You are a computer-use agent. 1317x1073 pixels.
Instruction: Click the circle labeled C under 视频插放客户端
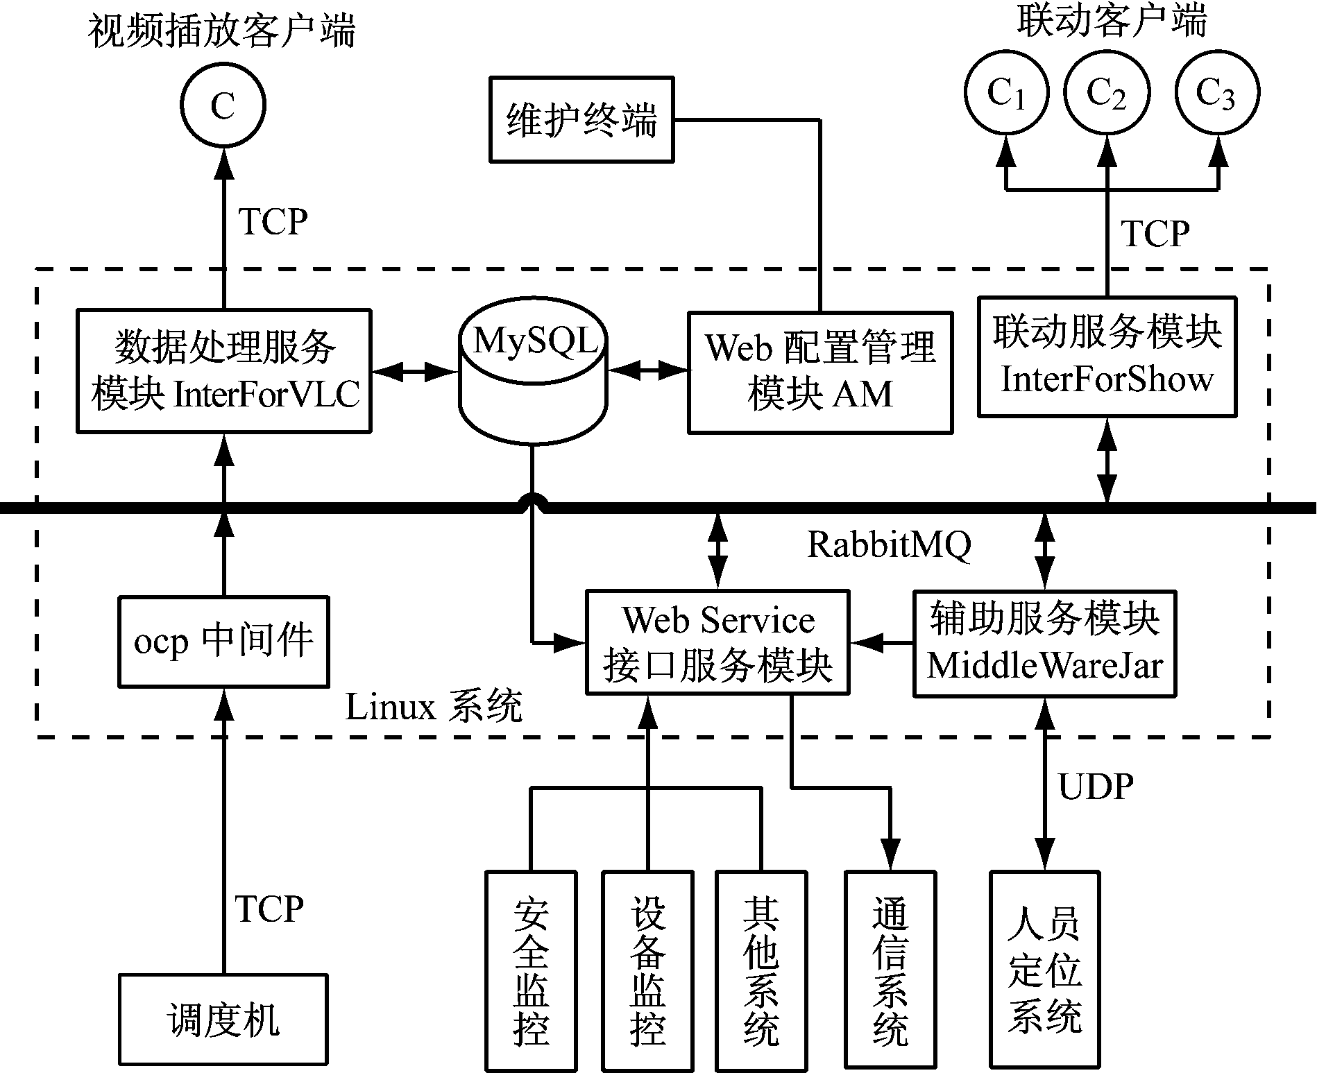coord(223,105)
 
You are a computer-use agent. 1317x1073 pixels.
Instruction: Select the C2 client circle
coord(1107,92)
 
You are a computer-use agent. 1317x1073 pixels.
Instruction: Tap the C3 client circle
coord(1217,92)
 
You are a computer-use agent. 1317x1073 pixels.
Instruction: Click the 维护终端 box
coord(581,120)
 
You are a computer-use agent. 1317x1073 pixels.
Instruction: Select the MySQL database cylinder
coord(533,371)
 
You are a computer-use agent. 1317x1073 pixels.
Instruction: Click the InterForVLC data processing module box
coord(223,371)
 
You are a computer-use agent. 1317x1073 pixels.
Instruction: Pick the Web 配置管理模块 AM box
coord(820,372)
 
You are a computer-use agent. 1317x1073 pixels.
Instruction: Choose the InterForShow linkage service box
coord(1107,357)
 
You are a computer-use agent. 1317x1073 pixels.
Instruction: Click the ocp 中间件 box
coord(223,642)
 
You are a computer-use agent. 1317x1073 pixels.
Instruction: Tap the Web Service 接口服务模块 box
coord(717,642)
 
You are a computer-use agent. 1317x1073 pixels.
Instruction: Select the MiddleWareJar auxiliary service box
coord(1044,643)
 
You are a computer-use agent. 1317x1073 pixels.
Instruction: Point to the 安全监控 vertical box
coord(532,970)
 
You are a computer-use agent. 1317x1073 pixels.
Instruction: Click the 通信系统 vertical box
coord(890,970)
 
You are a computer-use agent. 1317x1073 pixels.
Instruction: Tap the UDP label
coord(1096,787)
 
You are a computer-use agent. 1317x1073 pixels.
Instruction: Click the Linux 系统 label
coord(434,708)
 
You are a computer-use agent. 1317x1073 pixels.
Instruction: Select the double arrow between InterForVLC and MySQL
coord(414,372)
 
